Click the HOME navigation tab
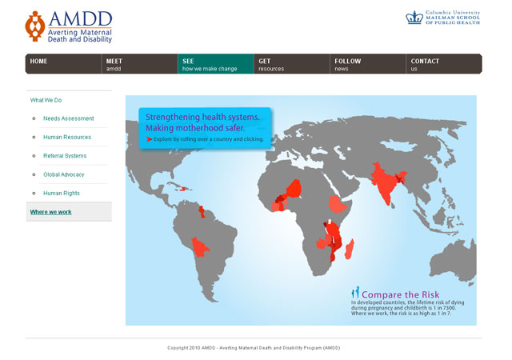[x=63, y=64]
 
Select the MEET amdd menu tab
[x=139, y=64]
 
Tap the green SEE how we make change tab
[x=216, y=64]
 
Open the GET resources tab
[x=292, y=64]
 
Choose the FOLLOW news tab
[x=368, y=64]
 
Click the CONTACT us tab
[x=444, y=64]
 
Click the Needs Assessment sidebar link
[x=69, y=118]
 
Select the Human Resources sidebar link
[x=67, y=138]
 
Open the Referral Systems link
[x=65, y=156]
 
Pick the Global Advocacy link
[x=64, y=174]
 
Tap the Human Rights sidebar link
[x=62, y=193]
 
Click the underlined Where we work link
[x=51, y=212]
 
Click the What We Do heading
[x=46, y=100]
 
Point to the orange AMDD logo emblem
[x=35, y=26]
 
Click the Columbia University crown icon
[x=414, y=18]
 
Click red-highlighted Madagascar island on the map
[x=350, y=250]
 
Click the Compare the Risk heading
[x=400, y=294]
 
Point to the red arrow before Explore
[x=150, y=139]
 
